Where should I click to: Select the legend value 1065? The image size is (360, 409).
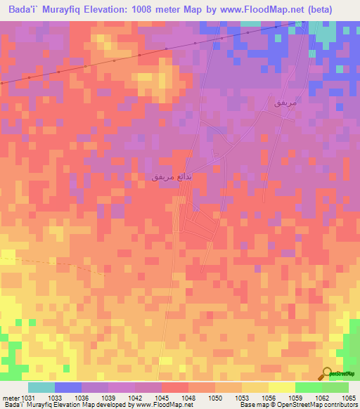click(x=349, y=397)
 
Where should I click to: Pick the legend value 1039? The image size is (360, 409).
click(x=108, y=397)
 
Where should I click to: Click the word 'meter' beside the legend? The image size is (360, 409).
click(x=11, y=397)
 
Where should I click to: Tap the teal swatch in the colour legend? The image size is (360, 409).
click(x=41, y=387)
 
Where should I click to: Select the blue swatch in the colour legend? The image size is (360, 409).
click(x=68, y=387)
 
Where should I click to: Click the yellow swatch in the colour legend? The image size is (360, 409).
click(x=281, y=387)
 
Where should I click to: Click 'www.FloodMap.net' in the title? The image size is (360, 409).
click(x=258, y=9)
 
